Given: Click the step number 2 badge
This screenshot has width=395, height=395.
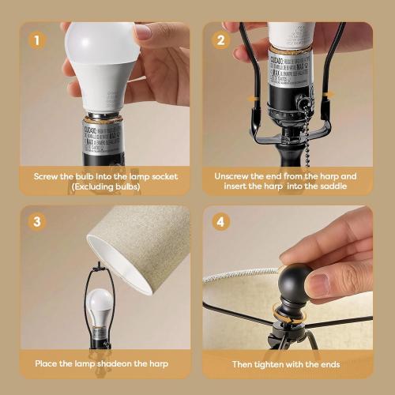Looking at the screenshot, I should coord(221,39).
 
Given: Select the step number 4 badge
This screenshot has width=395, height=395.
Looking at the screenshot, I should coord(221,222).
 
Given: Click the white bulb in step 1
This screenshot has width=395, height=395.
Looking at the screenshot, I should coord(103,63).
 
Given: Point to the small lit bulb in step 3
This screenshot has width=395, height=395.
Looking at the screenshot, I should coord(100,304).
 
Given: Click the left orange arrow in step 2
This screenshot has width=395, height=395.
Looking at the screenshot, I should coord(251,98).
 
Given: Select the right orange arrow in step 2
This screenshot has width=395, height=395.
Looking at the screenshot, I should coord(327,95).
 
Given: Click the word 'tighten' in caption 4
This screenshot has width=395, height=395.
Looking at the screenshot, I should coord(285,363).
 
